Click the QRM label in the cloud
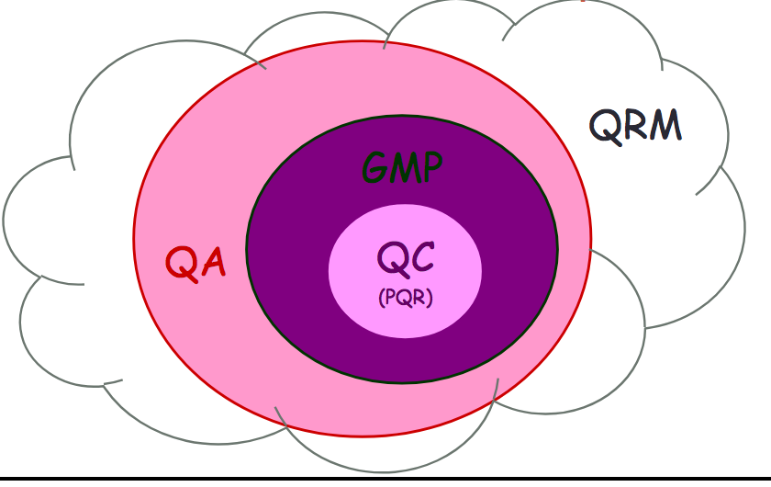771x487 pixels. click(x=635, y=125)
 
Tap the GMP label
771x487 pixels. click(x=401, y=167)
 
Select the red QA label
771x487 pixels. click(x=196, y=263)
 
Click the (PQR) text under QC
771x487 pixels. click(x=405, y=298)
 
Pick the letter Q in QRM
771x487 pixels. click(x=606, y=125)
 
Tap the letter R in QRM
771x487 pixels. click(x=635, y=125)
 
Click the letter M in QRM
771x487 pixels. click(x=665, y=125)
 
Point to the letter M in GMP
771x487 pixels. click(x=403, y=168)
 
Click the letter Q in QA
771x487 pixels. click(x=181, y=263)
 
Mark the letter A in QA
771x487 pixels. click(x=212, y=263)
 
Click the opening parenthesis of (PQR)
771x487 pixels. click(x=381, y=299)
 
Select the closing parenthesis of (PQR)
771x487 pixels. click(x=429, y=299)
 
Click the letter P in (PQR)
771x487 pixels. click(x=390, y=298)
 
